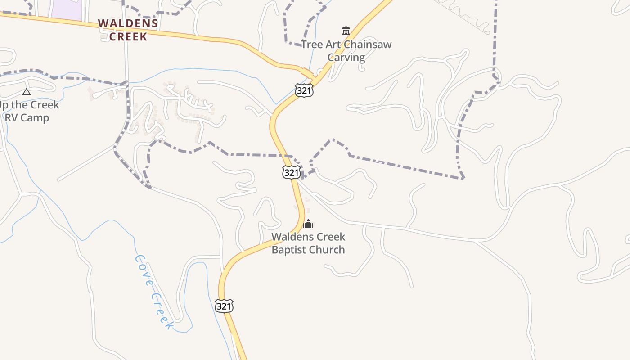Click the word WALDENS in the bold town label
pos(128,23)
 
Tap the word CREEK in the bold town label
pos(128,36)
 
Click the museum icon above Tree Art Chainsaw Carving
pos(346,31)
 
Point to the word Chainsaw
pos(366,45)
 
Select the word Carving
pos(346,57)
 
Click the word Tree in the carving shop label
pos(310,45)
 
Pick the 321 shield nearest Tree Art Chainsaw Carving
pos(304,90)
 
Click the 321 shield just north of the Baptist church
pos(292,172)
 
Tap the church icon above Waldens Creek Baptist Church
pos(308,223)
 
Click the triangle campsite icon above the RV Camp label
pos(27,92)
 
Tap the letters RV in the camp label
pos(12,118)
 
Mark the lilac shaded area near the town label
pos(66,9)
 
